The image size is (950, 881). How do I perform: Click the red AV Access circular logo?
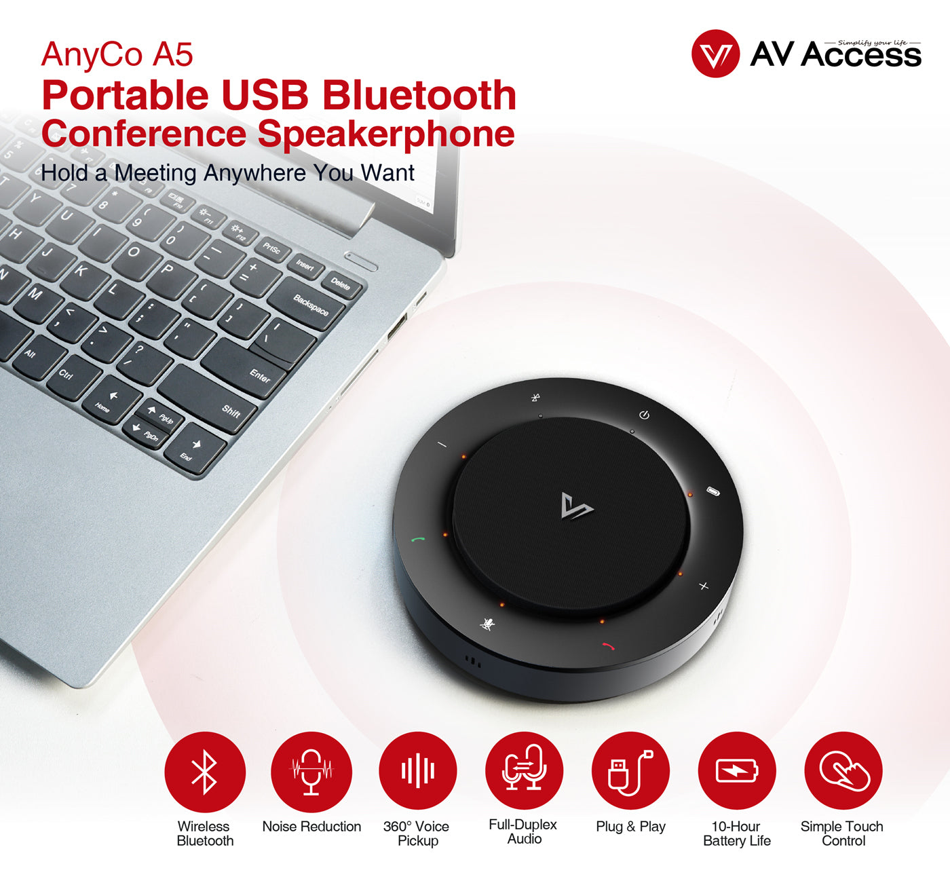(715, 54)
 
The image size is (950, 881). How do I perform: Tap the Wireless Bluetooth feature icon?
(205, 772)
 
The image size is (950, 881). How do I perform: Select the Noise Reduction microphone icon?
(311, 772)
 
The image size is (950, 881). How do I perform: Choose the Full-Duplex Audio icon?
(525, 770)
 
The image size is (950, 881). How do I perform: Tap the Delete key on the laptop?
(340, 284)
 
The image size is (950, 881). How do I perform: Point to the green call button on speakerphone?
(418, 540)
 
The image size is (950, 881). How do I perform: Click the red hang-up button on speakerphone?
(608, 646)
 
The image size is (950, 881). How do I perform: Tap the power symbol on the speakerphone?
(645, 415)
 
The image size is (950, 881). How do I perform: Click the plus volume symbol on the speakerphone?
(704, 586)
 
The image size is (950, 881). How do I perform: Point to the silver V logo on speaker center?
(577, 506)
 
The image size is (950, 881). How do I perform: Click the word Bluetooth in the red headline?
(419, 95)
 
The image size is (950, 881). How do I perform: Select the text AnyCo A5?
(117, 54)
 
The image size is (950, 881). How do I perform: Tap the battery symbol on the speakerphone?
(713, 491)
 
